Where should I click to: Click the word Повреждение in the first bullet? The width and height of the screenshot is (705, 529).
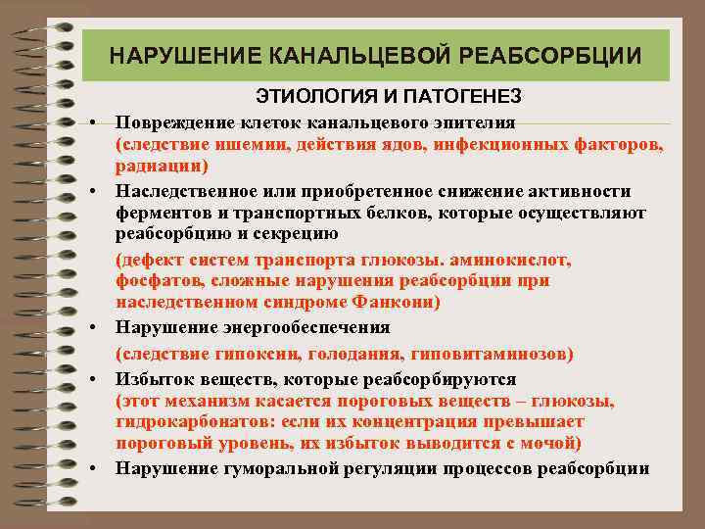[169, 122]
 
